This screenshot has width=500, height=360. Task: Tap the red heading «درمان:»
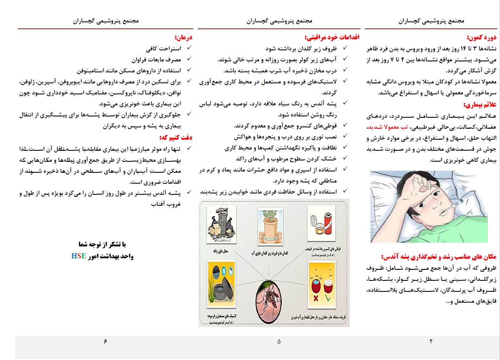[184, 37]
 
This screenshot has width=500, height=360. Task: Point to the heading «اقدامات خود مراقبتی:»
[332, 37]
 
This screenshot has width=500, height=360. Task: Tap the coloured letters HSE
[78, 256]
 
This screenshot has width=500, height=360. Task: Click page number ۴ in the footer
[431, 341]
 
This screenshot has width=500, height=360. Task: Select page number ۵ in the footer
[279, 341]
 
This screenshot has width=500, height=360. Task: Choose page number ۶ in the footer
[106, 341]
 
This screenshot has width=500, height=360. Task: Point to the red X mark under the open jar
[316, 297]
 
